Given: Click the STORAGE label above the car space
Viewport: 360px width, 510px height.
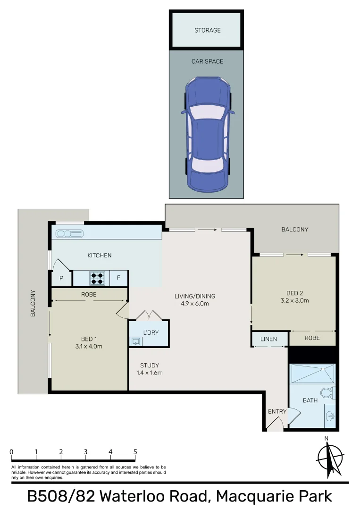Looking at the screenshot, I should coord(207,30).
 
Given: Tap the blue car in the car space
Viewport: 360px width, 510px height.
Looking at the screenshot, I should coord(208,135).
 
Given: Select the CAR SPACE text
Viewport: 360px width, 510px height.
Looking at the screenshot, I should coord(207,61).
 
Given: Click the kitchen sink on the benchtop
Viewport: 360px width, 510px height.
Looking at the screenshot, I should coord(69,233).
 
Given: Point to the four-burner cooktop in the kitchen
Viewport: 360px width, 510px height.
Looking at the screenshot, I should coord(97,278).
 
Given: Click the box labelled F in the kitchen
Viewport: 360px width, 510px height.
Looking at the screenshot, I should coord(118,278).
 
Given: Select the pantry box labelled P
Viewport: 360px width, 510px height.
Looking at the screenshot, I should coord(61,279).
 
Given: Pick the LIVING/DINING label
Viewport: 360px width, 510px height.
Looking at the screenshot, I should coord(195,296).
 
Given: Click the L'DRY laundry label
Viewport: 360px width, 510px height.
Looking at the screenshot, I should coord(151,333).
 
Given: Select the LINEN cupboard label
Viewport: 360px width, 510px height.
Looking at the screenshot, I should coord(268,339).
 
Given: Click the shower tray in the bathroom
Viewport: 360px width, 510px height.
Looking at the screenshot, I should coord(312,374).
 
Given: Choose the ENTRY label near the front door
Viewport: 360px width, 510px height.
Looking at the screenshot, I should coord(277,411).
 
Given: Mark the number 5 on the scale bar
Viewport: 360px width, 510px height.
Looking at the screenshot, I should coord(135,451).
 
